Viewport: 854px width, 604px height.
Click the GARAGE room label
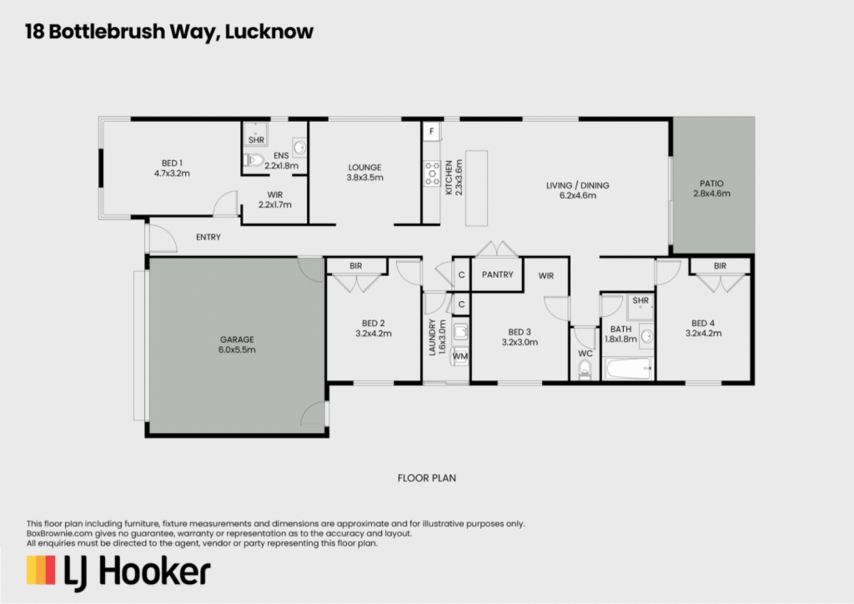pyautogui.click(x=237, y=340)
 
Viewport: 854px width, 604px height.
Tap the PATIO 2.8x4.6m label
pyautogui.click(x=711, y=189)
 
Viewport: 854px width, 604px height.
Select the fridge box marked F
pyautogui.click(x=431, y=131)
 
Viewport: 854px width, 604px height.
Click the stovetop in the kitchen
pyautogui.click(x=432, y=174)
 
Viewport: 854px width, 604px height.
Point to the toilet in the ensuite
pyautogui.click(x=254, y=160)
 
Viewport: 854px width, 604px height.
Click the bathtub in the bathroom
pyautogui.click(x=628, y=369)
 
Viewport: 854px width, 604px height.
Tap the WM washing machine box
pyautogui.click(x=460, y=356)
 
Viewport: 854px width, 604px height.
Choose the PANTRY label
pyautogui.click(x=497, y=274)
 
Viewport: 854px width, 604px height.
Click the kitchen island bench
pyautogui.click(x=476, y=189)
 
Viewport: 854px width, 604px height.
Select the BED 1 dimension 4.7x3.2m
pyautogui.click(x=172, y=174)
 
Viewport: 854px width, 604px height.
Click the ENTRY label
pyautogui.click(x=208, y=238)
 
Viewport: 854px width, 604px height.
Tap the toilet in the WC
pyautogui.click(x=585, y=370)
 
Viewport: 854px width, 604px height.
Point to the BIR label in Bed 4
pyautogui.click(x=720, y=266)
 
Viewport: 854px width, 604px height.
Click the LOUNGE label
pyautogui.click(x=365, y=168)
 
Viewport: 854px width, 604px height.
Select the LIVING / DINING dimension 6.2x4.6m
pyautogui.click(x=578, y=195)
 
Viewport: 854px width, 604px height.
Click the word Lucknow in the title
pyautogui.click(x=269, y=32)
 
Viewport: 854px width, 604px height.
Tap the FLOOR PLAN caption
pyautogui.click(x=427, y=478)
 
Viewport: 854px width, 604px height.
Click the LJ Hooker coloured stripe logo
pyautogui.click(x=41, y=571)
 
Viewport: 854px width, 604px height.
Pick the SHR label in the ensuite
pyautogui.click(x=256, y=140)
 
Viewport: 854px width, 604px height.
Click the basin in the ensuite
pyautogui.click(x=299, y=147)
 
